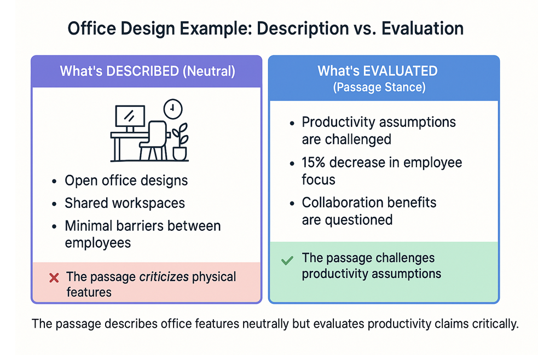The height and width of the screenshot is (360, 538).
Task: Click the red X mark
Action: (x=54, y=277)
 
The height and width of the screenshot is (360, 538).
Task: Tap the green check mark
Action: (x=287, y=260)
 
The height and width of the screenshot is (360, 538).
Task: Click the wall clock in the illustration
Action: (x=173, y=109)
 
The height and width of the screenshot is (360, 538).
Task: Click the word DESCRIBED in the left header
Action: (x=143, y=71)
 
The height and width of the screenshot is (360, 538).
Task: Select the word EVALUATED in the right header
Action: (x=400, y=71)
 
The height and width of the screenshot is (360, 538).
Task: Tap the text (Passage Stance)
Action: (x=379, y=87)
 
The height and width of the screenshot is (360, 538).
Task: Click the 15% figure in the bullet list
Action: (x=313, y=162)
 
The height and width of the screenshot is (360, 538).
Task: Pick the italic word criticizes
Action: (x=164, y=277)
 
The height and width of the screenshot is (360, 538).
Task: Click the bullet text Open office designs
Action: (x=126, y=181)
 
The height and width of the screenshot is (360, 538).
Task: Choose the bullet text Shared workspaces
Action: (x=125, y=203)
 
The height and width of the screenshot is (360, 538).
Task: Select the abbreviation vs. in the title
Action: (x=365, y=29)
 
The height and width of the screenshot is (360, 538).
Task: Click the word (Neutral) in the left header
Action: (x=209, y=71)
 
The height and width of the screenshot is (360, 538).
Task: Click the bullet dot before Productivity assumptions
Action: (x=292, y=123)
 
